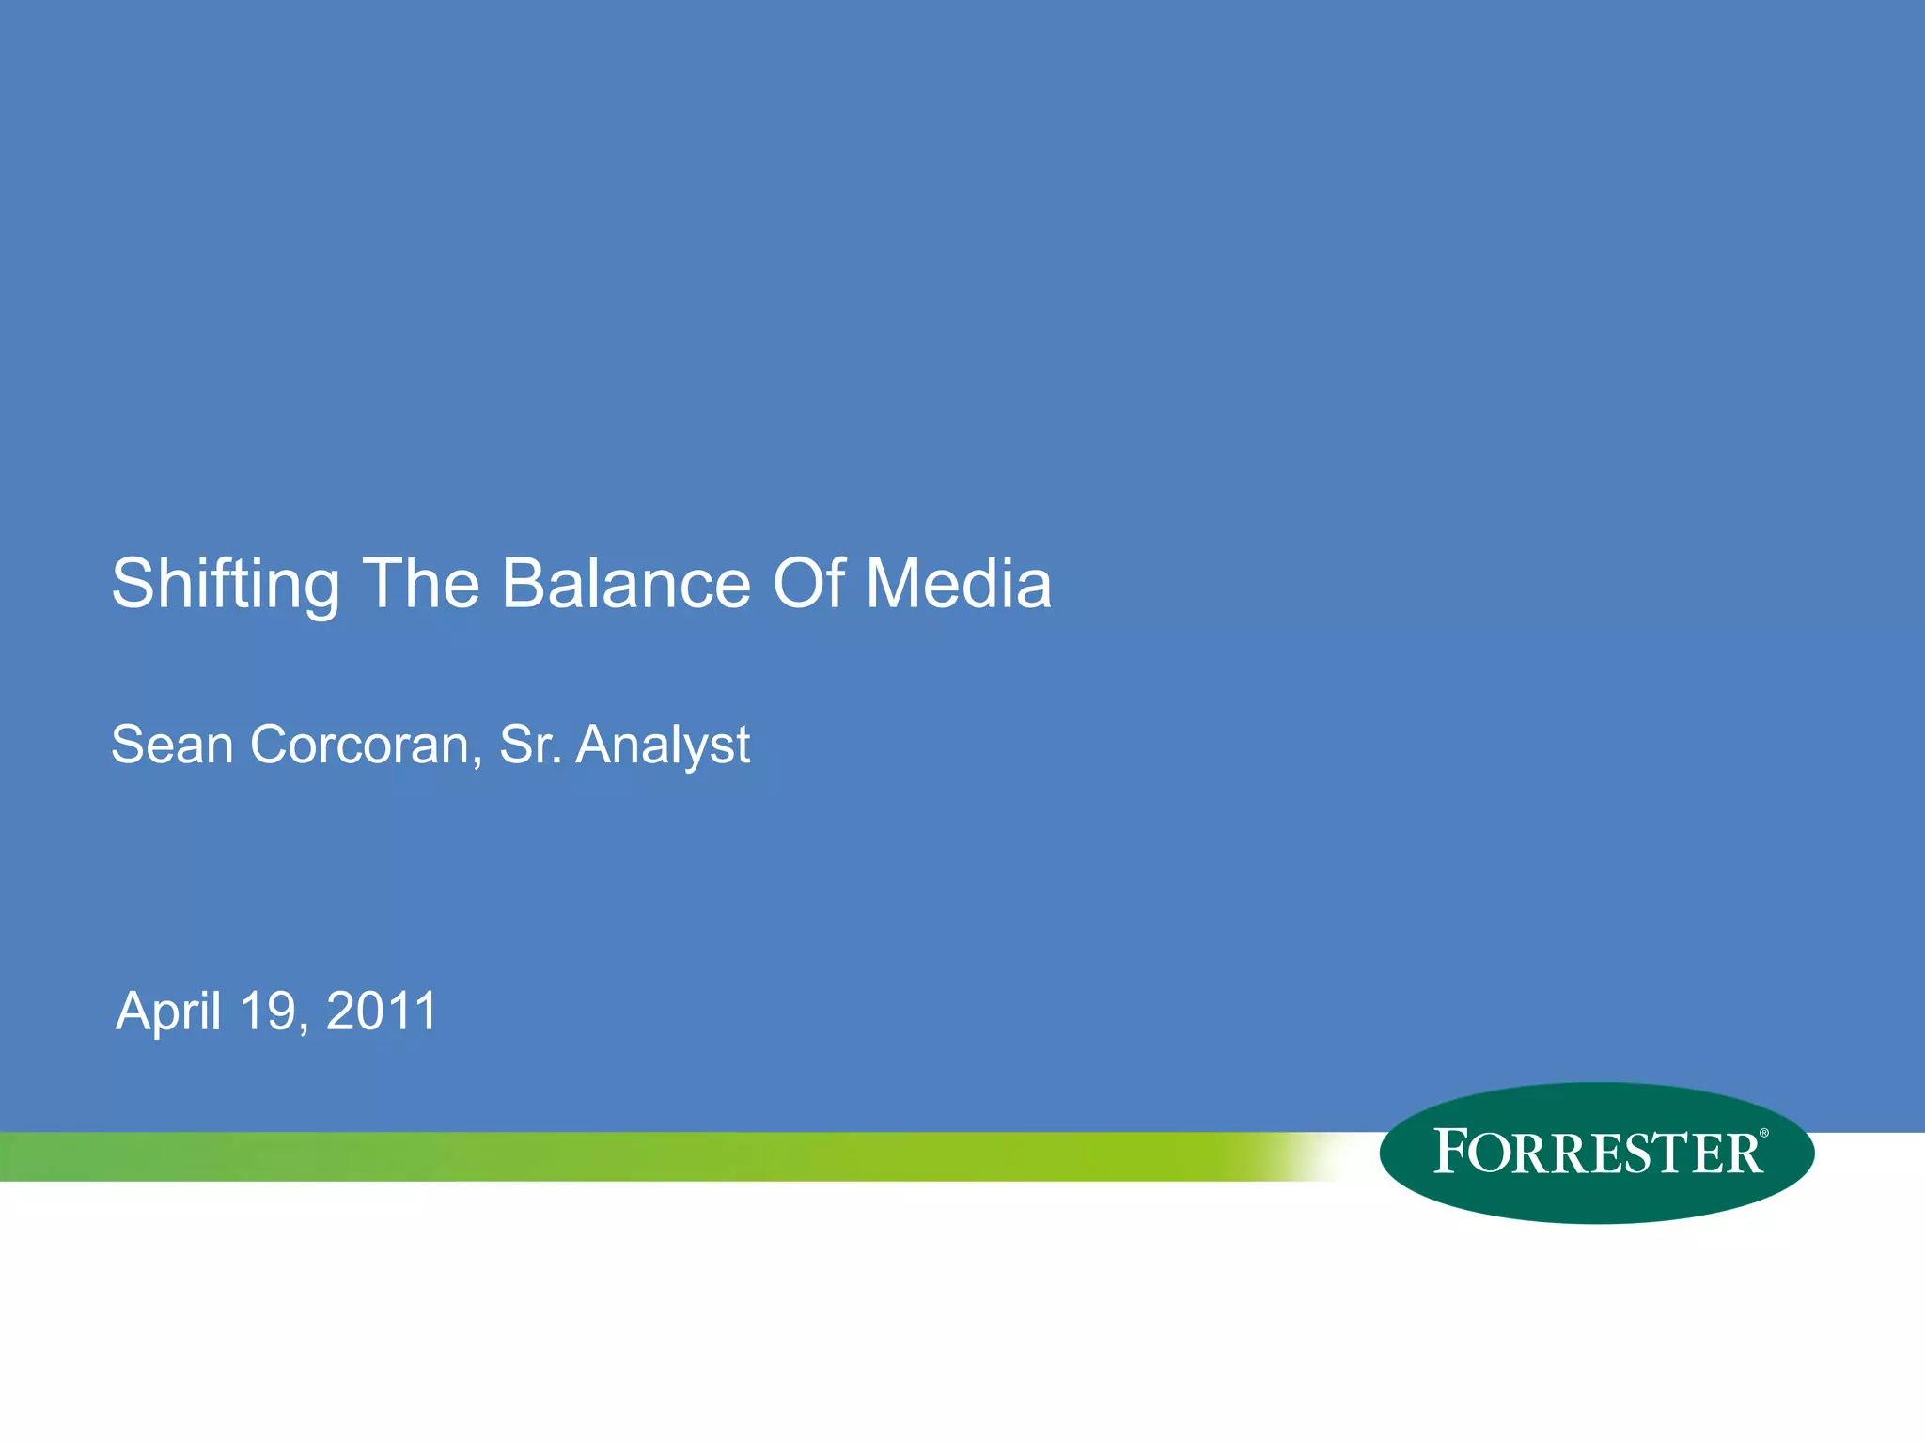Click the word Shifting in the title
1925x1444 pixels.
pyautogui.click(x=226, y=585)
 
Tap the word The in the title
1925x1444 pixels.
pyautogui.click(x=421, y=585)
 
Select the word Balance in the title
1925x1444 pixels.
pyautogui.click(x=626, y=585)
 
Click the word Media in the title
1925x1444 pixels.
pyautogui.click(x=958, y=585)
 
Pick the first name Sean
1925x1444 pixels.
pyautogui.click(x=172, y=746)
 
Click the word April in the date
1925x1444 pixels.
pyautogui.click(x=169, y=1012)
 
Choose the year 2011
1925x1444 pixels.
pyautogui.click(x=382, y=1012)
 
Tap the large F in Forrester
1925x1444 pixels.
pyautogui.click(x=1452, y=1152)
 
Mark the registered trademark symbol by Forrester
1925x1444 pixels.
pyautogui.click(x=1763, y=1134)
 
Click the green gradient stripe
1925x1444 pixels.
pyautogui.click(x=658, y=1156)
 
